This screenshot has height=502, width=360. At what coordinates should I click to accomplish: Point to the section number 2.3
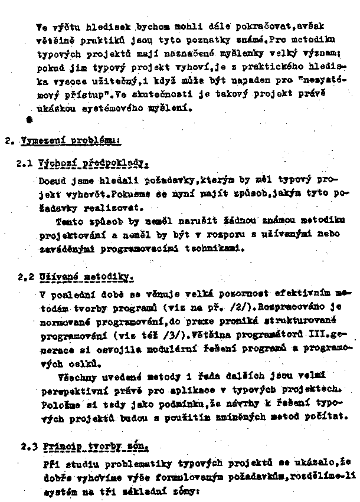tap(26, 447)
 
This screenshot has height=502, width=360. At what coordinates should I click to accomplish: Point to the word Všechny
tap(79, 375)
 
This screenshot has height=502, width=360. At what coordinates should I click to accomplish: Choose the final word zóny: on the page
tap(177, 488)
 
